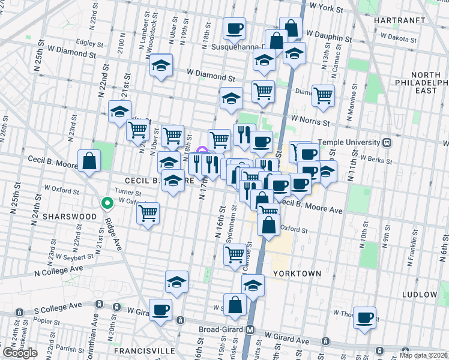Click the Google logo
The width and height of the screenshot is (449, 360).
pos(20,352)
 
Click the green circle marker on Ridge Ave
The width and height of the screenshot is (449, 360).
pos(107,203)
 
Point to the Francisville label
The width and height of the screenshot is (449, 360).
pos(146,350)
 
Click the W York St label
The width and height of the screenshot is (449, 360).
pos(324,10)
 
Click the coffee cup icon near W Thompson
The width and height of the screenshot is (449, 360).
pos(364,317)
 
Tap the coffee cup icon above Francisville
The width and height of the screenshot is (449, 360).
pos(160,310)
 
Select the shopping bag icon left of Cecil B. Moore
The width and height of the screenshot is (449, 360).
pos(89,161)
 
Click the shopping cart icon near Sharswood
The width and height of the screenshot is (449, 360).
pos(148,212)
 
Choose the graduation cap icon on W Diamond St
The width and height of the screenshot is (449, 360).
pos(161,65)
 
